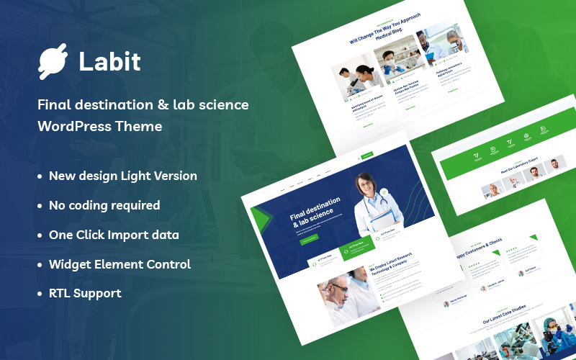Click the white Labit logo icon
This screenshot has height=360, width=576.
click(52, 63)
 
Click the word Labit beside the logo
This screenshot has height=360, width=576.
click(110, 63)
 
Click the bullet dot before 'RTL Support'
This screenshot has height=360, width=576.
click(40, 294)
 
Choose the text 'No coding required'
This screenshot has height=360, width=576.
click(104, 205)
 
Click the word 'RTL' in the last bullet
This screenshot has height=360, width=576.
click(60, 294)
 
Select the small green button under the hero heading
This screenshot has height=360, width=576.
click(308, 239)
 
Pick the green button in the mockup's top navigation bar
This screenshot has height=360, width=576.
click(367, 155)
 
